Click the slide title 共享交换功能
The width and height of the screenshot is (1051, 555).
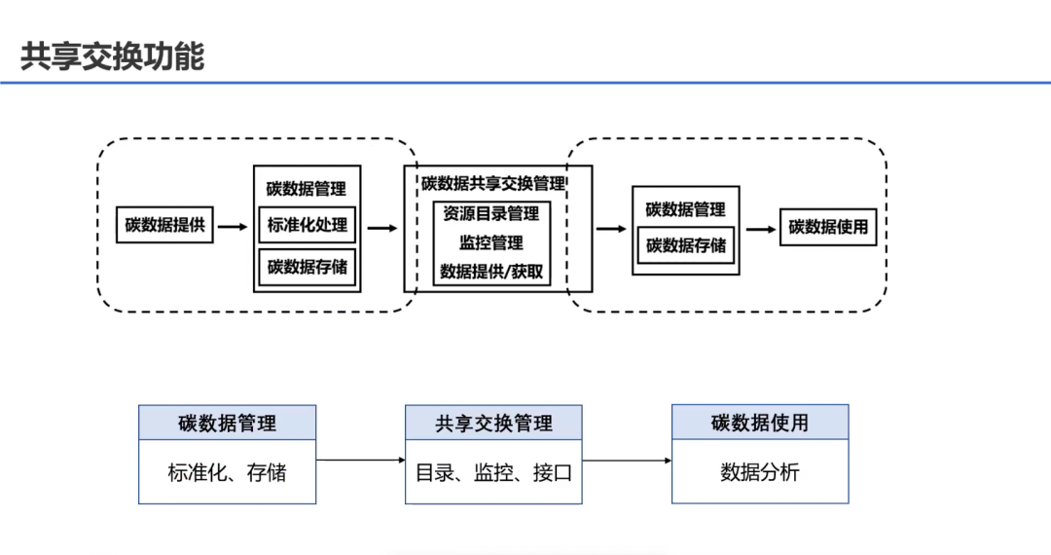[x=112, y=56]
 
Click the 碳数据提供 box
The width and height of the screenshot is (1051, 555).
[x=164, y=225]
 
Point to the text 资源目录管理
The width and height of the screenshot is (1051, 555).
[x=491, y=213]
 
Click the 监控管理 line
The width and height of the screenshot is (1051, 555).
[x=491, y=242]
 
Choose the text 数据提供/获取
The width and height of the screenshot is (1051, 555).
[x=491, y=272]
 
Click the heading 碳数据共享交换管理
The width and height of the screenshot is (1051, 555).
[x=493, y=183]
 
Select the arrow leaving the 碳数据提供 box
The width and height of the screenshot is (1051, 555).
[x=233, y=227]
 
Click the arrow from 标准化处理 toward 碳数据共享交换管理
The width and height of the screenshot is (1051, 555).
[x=382, y=229]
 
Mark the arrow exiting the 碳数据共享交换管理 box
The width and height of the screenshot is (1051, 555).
[x=610, y=229]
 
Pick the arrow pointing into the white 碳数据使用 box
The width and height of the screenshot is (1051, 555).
[x=762, y=229]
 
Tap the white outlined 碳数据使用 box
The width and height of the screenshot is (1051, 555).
[x=828, y=227]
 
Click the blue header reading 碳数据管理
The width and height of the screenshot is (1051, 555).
[x=227, y=424]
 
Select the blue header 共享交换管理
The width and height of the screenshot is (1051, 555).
[x=493, y=424]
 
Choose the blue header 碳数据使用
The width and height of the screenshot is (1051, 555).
[x=760, y=423]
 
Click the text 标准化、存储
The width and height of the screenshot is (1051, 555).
[x=227, y=473]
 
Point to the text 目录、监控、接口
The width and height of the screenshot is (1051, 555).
[x=493, y=473]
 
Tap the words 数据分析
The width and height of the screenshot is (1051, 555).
[x=760, y=472]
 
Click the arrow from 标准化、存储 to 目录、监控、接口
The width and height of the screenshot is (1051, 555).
[x=360, y=460]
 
